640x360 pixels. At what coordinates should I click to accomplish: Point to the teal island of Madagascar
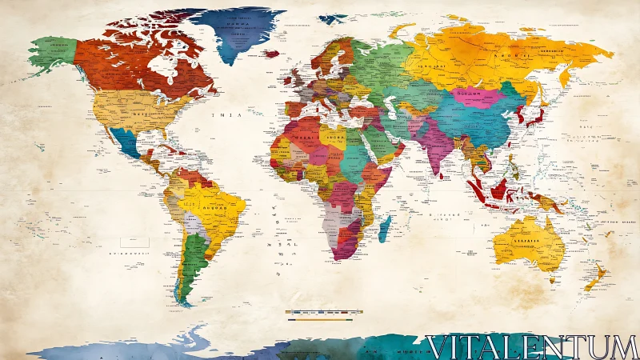pos(385,228)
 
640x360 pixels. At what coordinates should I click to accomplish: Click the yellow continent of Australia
pos(524,240)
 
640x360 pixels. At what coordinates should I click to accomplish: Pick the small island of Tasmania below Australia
pos(550,279)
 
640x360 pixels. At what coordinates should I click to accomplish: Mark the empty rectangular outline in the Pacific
pos(130,242)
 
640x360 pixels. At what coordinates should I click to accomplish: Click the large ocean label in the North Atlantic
pos(226,115)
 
